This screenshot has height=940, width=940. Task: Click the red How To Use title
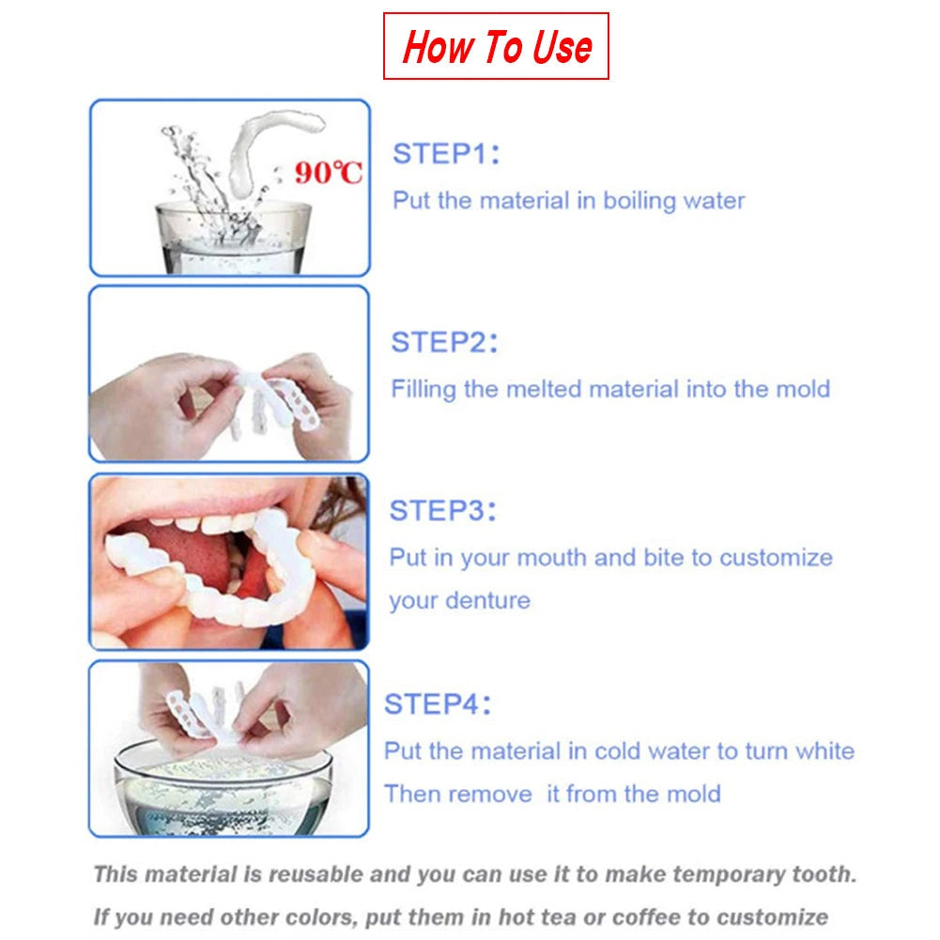coord(497,46)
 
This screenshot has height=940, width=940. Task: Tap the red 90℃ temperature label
coord(328,173)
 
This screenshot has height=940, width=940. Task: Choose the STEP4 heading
coord(438,704)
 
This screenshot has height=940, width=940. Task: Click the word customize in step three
coord(776,558)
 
